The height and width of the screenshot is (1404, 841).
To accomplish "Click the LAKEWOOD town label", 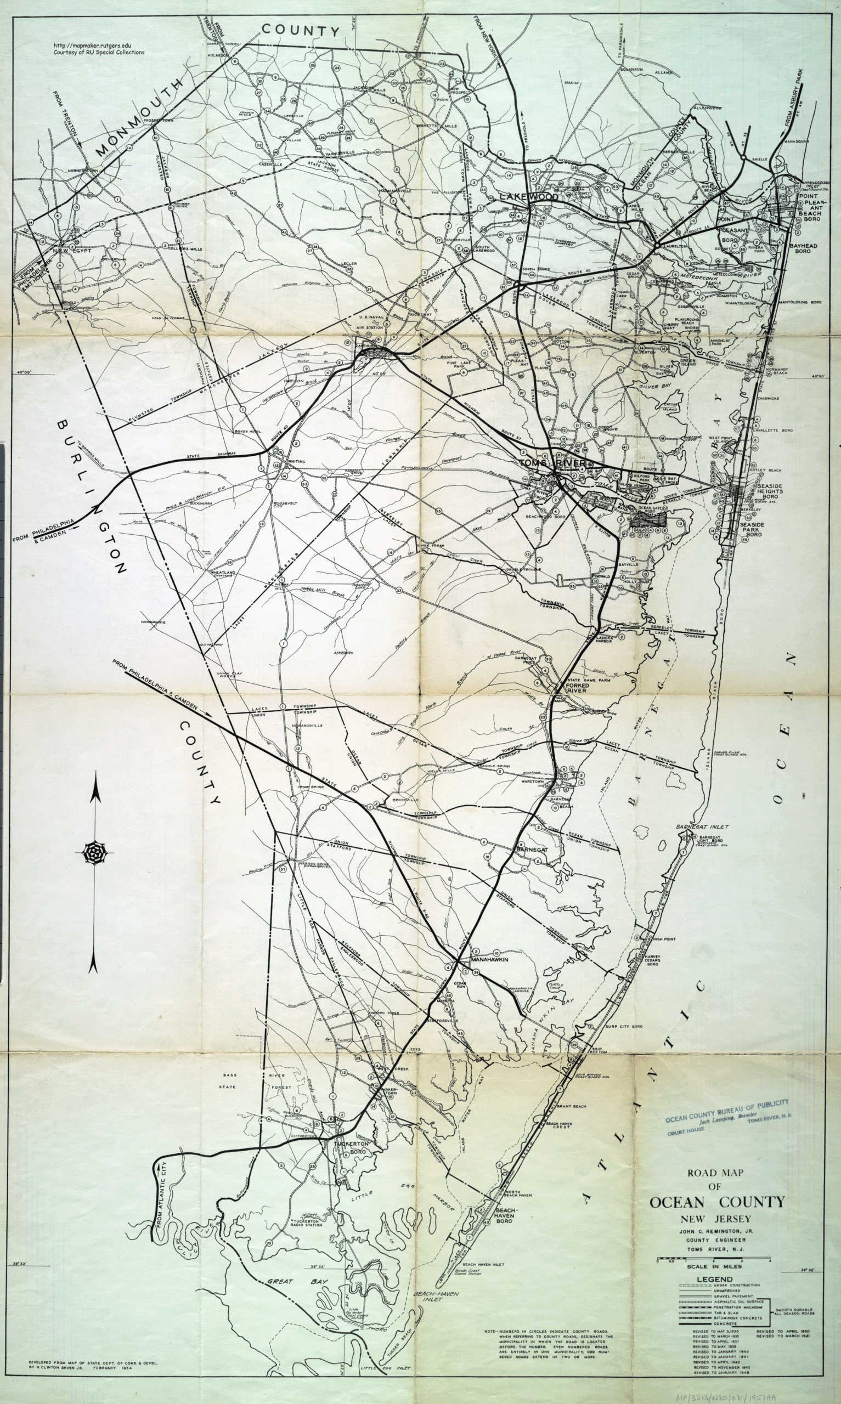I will pyautogui.click(x=528, y=196).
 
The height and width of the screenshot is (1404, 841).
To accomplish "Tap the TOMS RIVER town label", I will pyautogui.click(x=552, y=463).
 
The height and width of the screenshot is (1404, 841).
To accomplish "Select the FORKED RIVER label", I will pyautogui.click(x=577, y=688).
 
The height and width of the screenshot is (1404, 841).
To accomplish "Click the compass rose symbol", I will pyautogui.click(x=95, y=853).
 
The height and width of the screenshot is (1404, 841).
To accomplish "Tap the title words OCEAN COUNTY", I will pyautogui.click(x=717, y=1202).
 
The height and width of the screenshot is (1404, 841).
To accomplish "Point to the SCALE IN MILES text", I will pyautogui.click(x=714, y=1266).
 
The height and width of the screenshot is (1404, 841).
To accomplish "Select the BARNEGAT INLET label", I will pyautogui.click(x=702, y=827).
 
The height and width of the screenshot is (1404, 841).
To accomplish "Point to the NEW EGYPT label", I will pyautogui.click(x=72, y=250).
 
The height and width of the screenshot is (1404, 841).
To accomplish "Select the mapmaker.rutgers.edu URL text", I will pyautogui.click(x=92, y=46).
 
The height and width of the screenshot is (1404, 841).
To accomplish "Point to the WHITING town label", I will pyautogui.click(x=296, y=462).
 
